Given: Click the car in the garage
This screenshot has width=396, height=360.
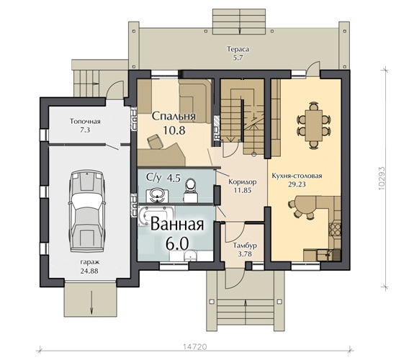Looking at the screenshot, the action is tap(87, 211).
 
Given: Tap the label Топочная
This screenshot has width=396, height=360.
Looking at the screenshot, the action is tap(85, 122).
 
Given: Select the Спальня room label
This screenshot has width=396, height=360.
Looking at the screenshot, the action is tap(174, 116).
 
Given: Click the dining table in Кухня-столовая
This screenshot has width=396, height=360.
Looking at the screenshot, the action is tap(313, 125).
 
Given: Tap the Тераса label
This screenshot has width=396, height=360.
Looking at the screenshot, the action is tap(238, 49).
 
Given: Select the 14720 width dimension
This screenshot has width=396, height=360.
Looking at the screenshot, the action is tap(195, 346).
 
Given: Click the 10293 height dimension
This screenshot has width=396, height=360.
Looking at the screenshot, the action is tap(382, 178).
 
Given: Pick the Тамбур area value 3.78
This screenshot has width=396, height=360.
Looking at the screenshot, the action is tap(245, 254).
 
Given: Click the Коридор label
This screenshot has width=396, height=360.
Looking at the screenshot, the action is tap(243, 181).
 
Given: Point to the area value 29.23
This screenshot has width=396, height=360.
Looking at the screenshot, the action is tap(297, 184).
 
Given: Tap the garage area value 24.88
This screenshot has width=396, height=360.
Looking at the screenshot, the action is tap(89, 271).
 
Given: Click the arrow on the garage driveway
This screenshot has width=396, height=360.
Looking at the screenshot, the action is tap(91, 302).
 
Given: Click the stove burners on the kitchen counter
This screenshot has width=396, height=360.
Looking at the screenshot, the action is tap(334, 229).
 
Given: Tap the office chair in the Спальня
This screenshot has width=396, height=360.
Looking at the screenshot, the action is tap(155, 141).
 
